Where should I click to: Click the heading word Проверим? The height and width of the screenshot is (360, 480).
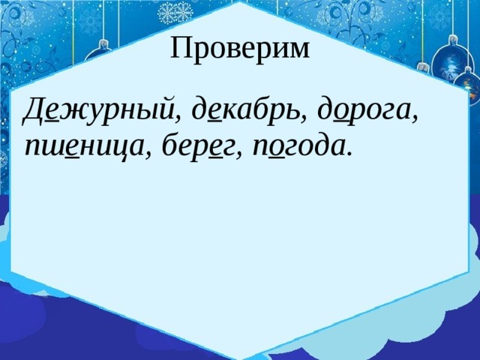click(239, 49)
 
